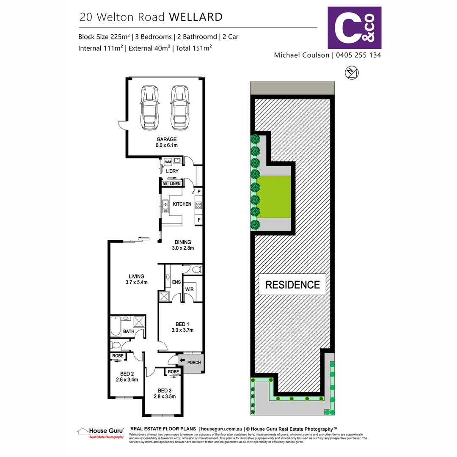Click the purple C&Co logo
[x=355, y=28]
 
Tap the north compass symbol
[x=352, y=73]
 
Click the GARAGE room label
[x=166, y=139]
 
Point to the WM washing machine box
[x=168, y=162]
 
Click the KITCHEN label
[x=182, y=204]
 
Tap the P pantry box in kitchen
[x=198, y=192]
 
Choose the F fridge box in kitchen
[x=198, y=220]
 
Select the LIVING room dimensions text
[x=136, y=282]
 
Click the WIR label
[x=189, y=289]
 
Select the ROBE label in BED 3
[x=173, y=372]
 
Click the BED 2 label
[x=127, y=374]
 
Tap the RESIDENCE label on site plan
[x=292, y=285]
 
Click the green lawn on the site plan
[x=274, y=197]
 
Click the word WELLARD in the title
[x=195, y=17]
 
